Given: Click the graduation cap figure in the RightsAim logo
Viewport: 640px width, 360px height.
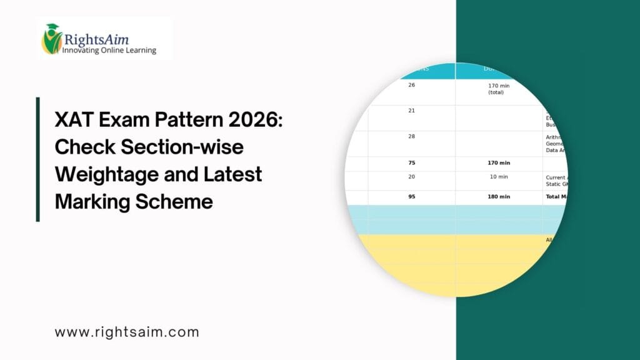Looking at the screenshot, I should pos(52,39).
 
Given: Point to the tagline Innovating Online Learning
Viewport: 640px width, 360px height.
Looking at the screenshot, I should pos(109,51).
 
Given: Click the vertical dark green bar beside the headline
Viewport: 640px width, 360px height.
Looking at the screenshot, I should pos(38,159).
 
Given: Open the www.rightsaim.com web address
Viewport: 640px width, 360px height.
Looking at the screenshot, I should pos(127,332).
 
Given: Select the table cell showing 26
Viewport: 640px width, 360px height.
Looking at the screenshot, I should pos(411,85).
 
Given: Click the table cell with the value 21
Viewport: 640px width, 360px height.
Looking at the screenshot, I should pos(411,111).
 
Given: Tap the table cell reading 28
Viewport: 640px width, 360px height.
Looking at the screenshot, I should pos(411,136).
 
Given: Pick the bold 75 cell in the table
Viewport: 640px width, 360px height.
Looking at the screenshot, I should pos(411,163).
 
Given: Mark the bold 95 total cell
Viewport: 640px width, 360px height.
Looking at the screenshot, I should pos(411,196).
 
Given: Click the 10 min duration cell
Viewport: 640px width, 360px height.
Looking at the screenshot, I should pos(498,177).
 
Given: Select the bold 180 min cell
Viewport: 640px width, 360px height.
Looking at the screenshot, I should pos(498,196).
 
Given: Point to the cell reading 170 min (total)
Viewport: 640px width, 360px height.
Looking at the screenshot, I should pos(498,88).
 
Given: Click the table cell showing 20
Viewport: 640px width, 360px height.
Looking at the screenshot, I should pos(411,177).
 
